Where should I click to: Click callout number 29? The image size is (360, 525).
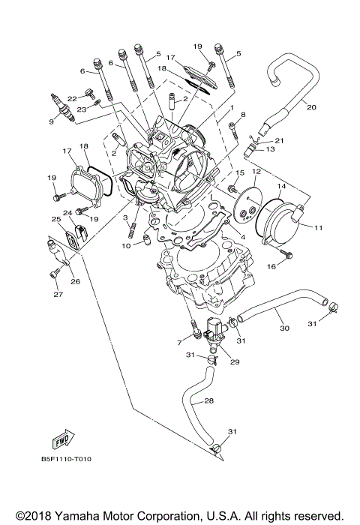(x=234, y=362)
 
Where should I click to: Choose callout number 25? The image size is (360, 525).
(x=55, y=220)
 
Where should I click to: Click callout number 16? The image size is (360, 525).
(x=270, y=265)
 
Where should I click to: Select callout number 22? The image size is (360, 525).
(x=71, y=97)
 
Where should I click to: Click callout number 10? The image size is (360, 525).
(x=127, y=245)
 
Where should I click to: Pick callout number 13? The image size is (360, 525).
(x=271, y=149)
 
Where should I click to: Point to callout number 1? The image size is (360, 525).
(x=232, y=107)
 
